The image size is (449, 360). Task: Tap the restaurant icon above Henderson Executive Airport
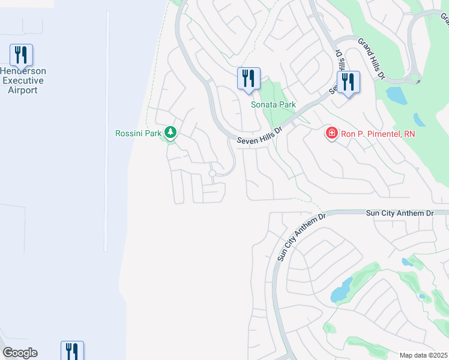[22, 55]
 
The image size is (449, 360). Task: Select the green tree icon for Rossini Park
[170, 133]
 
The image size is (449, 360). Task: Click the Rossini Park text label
[138, 133]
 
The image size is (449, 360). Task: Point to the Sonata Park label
[273, 104]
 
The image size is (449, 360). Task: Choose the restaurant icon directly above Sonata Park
[249, 79]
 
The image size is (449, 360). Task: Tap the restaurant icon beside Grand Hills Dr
[348, 83]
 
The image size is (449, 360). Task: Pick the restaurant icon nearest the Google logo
[72, 350]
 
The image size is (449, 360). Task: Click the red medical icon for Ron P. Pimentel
[331, 133]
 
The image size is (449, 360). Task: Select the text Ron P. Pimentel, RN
[378, 134]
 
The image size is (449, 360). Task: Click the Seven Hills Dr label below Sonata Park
[259, 135]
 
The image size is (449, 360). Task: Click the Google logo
[20, 353]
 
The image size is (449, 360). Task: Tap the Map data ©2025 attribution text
[423, 355]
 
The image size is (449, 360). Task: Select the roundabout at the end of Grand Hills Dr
[414, 79]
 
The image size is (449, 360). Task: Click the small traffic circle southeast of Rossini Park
[212, 173]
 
